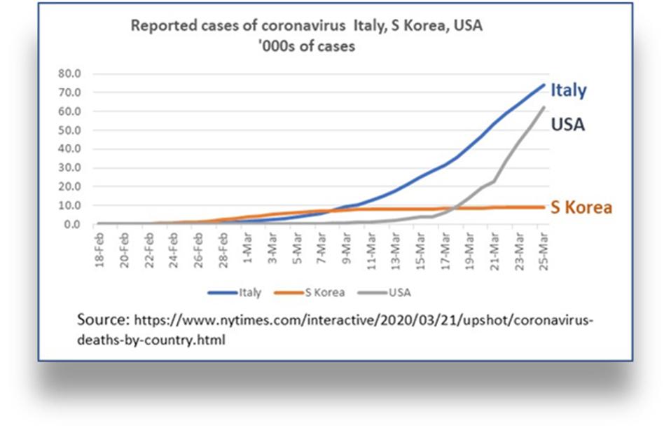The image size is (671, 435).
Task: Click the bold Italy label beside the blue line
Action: click(x=568, y=90)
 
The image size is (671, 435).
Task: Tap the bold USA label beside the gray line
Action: click(x=567, y=125)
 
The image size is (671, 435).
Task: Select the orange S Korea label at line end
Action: click(x=581, y=208)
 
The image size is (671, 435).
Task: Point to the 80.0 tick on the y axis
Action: click(x=71, y=73)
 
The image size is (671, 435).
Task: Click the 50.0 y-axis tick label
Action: click(x=71, y=130)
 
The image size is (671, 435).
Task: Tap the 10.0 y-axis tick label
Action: click(x=71, y=206)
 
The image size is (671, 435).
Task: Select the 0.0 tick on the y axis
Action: click(x=73, y=225)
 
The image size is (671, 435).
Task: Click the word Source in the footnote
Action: click(x=103, y=319)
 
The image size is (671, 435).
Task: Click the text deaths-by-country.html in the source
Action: click(x=151, y=340)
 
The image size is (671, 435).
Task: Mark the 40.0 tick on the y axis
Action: click(x=71, y=149)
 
